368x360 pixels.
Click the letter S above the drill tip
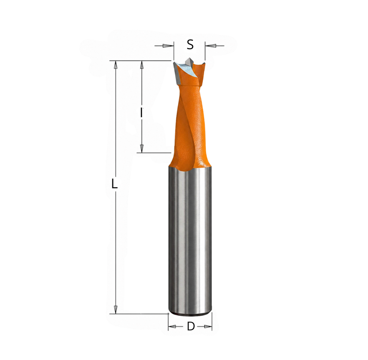[190, 45]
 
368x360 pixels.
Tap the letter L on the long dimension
[114, 184]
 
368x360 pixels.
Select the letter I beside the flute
[141, 112]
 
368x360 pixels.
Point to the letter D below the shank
[191, 326]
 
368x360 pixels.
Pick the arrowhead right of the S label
[210, 46]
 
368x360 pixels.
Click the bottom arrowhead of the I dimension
[141, 148]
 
